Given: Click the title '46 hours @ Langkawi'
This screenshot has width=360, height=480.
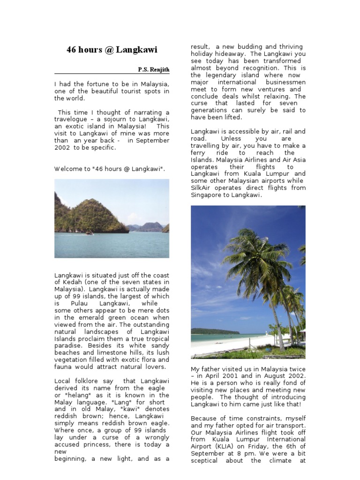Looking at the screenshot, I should (x=112, y=50).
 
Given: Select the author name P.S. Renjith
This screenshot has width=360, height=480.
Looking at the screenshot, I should (x=153, y=70).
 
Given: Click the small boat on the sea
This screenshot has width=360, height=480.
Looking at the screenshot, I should (x=89, y=233).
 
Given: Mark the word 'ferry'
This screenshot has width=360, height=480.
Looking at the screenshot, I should (x=198, y=153).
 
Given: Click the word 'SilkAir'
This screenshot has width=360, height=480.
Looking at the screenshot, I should (x=202, y=188).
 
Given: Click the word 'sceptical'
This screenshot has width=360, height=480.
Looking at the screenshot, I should (x=204, y=460).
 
